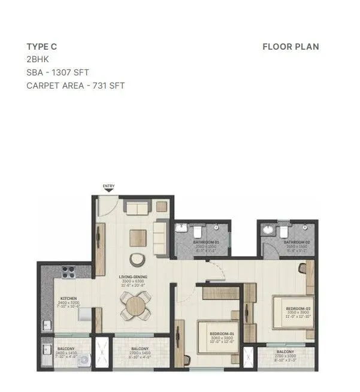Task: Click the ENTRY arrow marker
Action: coord(108,191)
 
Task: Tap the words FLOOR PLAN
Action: coord(291,47)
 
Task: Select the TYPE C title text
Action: coord(41,47)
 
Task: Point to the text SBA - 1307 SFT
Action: coord(58,72)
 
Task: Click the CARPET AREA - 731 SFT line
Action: coord(75,86)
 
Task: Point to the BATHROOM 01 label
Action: coord(205,242)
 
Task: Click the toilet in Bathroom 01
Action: coord(195,229)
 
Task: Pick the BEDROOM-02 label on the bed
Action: coord(298,309)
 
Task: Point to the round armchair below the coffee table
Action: coord(138,258)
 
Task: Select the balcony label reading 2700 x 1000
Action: coord(285,355)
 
